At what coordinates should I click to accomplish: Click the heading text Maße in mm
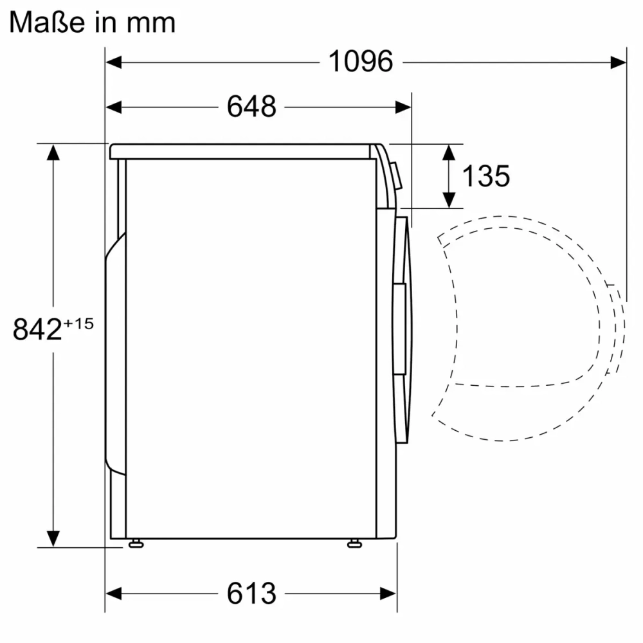[93, 22]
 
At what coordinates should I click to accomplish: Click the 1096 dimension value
[360, 62]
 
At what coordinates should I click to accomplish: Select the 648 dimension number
[251, 107]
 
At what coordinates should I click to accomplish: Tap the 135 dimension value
[486, 176]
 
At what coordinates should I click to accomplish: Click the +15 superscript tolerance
[78, 323]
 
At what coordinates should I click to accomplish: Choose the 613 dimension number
[251, 593]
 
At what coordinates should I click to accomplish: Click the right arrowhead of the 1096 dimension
[619, 62]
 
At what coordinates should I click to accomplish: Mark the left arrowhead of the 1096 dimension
[114, 62]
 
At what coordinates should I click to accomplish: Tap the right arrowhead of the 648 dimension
[403, 107]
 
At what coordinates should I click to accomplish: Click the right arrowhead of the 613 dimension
[388, 593]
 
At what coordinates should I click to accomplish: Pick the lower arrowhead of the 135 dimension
[449, 200]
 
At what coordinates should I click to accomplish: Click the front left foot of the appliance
[135, 544]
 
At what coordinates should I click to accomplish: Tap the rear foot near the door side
[354, 544]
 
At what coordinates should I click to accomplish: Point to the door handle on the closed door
[400, 328]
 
